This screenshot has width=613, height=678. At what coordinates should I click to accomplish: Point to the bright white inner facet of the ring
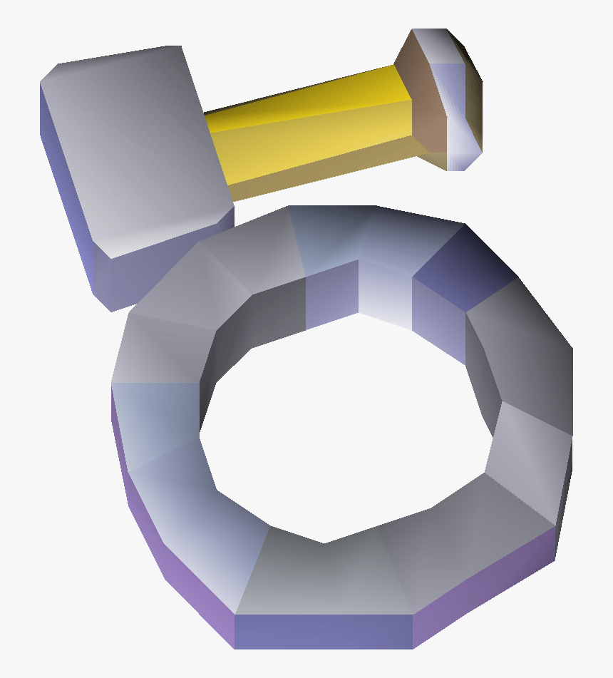pos(385,292)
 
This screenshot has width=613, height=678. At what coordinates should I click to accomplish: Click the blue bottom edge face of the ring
pos(324,631)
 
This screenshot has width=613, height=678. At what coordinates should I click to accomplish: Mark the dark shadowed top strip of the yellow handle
pos(299,93)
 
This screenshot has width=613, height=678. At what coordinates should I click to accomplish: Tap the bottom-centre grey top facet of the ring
pos(324,577)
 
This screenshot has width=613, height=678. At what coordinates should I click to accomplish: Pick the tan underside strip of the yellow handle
pos(321,175)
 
